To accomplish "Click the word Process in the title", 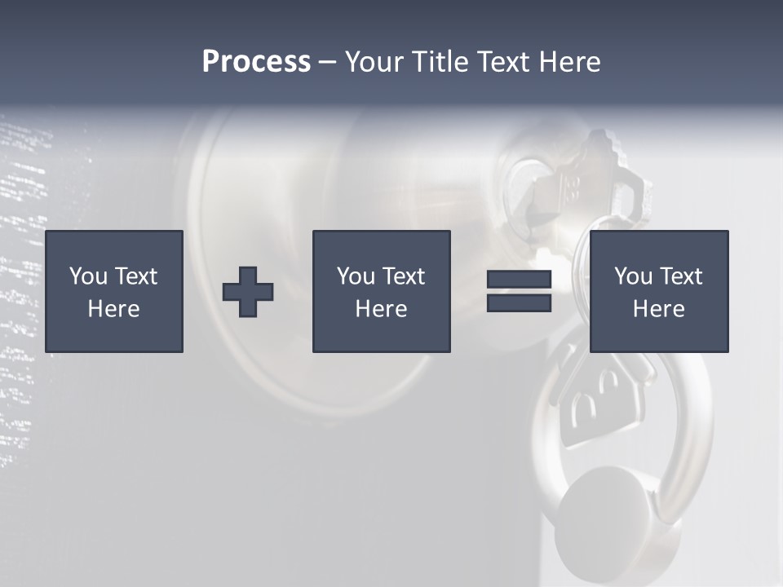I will tap(256, 62).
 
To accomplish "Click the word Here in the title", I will tap(569, 62).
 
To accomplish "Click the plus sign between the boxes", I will tap(248, 292).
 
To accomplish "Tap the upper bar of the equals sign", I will tap(519, 280).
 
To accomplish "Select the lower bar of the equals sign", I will tap(519, 302).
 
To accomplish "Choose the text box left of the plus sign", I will tap(114, 291).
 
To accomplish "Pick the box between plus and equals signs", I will tap(381, 291).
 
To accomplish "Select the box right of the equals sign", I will tap(658, 291).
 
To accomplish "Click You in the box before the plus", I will tap(87, 276).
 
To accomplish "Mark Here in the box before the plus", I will tap(113, 309).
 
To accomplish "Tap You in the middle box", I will tap(355, 276).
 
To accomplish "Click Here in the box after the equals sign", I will tap(658, 309).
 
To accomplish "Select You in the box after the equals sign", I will tap(632, 276).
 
